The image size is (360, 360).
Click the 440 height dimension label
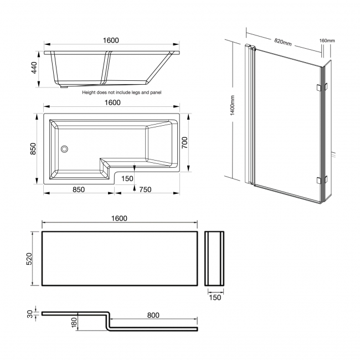point(34,69)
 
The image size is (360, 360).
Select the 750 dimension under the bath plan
point(146,189)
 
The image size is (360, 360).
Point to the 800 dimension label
point(153,315)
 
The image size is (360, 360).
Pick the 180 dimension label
point(74,322)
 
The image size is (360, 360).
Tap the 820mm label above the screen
point(283,43)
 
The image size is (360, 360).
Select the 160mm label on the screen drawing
point(327,40)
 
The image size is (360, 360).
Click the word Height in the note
point(90,93)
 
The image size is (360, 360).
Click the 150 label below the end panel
point(215,297)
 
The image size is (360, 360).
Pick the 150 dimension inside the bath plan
point(127,178)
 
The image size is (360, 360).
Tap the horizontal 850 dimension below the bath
point(78,189)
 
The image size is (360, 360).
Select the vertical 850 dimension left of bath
point(34,148)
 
